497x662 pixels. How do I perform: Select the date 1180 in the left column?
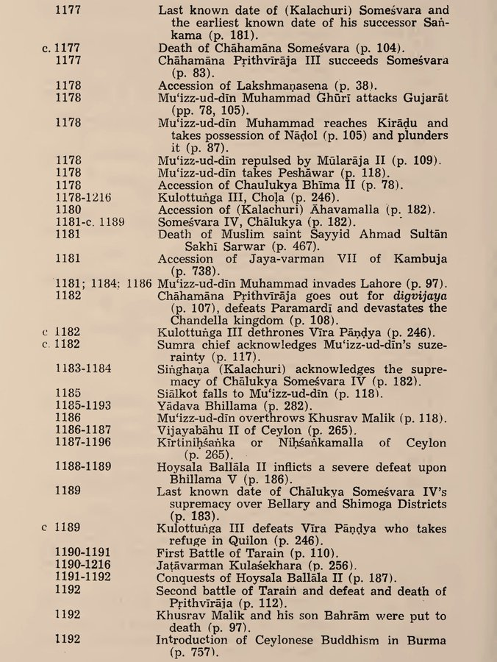(68, 210)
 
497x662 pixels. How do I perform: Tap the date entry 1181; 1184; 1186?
(104, 285)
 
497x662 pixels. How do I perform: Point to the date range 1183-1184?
(86, 369)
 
